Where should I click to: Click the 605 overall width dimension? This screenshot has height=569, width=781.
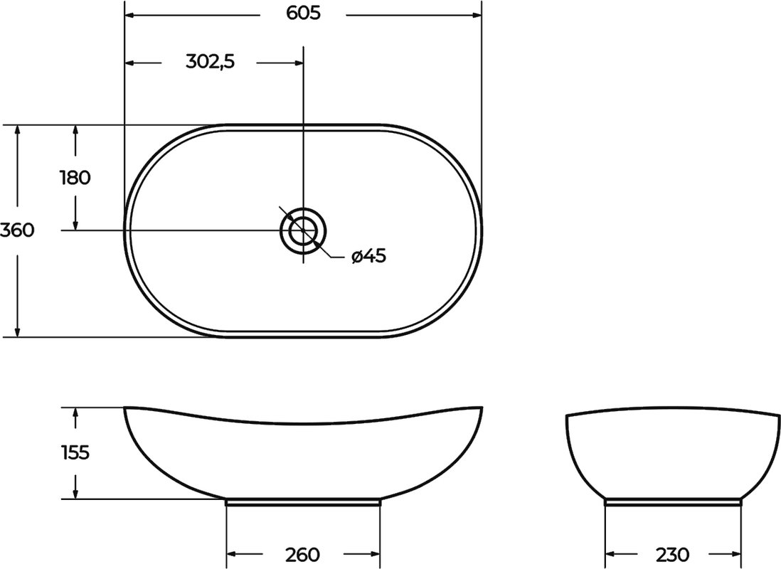[303, 14]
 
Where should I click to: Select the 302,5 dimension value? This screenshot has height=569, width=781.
[210, 62]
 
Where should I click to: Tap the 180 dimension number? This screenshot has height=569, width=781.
[75, 177]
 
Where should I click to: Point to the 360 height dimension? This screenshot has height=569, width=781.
[17, 230]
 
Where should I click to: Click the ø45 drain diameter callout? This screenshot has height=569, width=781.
[368, 256]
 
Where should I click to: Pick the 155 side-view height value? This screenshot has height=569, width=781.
[75, 452]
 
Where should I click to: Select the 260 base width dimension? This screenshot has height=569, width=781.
[302, 554]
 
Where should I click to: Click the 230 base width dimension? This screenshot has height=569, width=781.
[672, 554]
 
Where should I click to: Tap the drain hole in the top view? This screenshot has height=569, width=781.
[303, 230]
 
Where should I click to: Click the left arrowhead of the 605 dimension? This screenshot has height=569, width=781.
[129, 16]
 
